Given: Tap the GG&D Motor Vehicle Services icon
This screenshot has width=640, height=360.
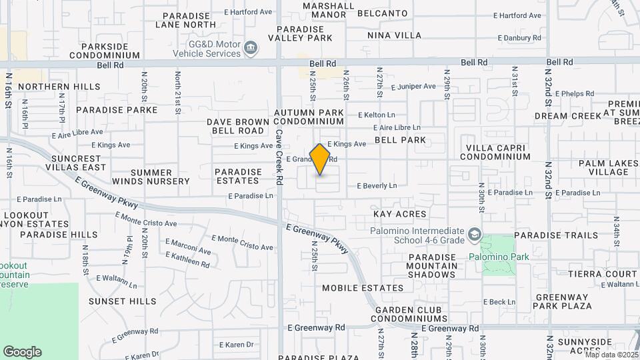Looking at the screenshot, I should [251, 47].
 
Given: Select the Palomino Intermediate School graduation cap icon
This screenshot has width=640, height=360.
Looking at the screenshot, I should [473, 234].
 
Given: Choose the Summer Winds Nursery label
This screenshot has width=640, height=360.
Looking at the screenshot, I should [151, 177].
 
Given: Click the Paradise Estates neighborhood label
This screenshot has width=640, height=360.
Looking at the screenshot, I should [238, 176].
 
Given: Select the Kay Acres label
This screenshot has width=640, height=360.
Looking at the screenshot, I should [399, 214].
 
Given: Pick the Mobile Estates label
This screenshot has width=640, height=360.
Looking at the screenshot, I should [363, 288].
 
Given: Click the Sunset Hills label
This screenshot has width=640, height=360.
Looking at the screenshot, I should [122, 301].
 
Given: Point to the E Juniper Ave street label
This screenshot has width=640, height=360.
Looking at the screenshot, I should [413, 87].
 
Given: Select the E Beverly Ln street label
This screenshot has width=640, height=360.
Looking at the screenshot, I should [377, 185].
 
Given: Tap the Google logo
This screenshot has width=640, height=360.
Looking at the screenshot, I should [22, 351].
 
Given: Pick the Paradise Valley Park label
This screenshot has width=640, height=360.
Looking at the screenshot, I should [304, 33].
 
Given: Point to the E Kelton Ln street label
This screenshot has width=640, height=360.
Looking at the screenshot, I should [376, 115].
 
